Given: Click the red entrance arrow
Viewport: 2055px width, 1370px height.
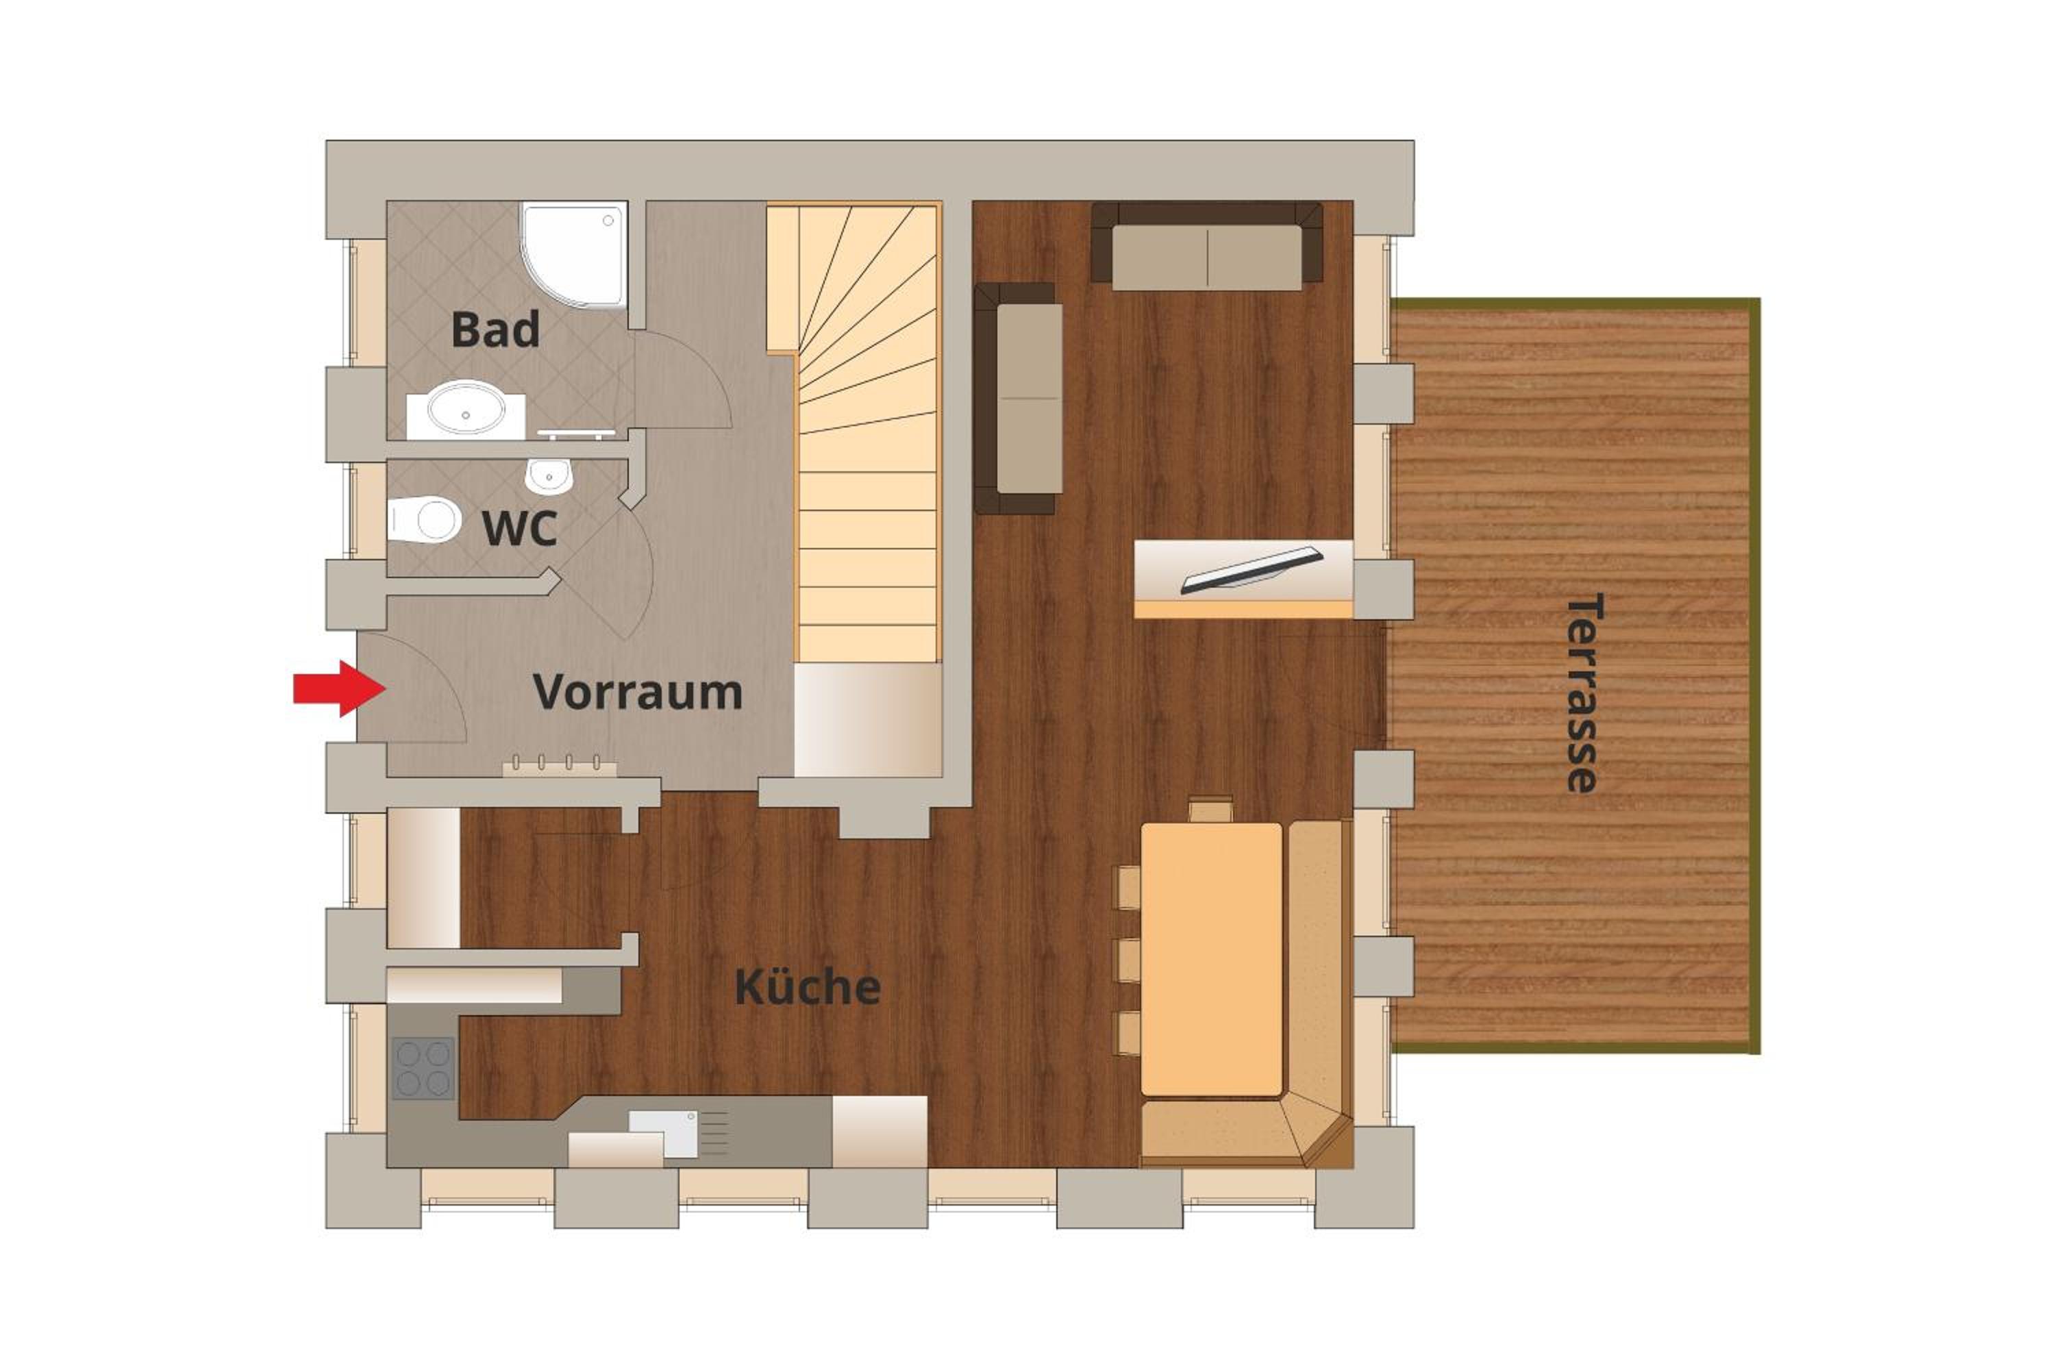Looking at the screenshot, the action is pos(339,688).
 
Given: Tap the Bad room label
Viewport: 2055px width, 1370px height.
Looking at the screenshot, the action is pos(495,329).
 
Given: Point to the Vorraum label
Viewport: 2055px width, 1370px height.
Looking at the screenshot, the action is pos(638,692).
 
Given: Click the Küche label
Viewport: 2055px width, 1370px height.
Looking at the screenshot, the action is pos(808,986).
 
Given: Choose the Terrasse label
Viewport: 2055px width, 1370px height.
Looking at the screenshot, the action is pos(1582,693).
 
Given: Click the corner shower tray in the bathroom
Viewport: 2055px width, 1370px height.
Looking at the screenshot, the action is pos(574,255).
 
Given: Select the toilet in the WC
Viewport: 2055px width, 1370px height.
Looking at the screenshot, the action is pos(425,520).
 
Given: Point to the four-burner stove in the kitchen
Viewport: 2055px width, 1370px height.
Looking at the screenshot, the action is pos(424,1068).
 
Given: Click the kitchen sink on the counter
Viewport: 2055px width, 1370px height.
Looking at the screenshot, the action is pos(664,1134).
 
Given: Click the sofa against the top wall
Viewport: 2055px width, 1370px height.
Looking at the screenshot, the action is pos(1206,245).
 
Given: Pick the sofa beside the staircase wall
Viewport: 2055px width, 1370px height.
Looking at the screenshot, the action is pos(1019,399).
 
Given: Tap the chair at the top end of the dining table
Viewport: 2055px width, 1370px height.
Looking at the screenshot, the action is pos(1211,809).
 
